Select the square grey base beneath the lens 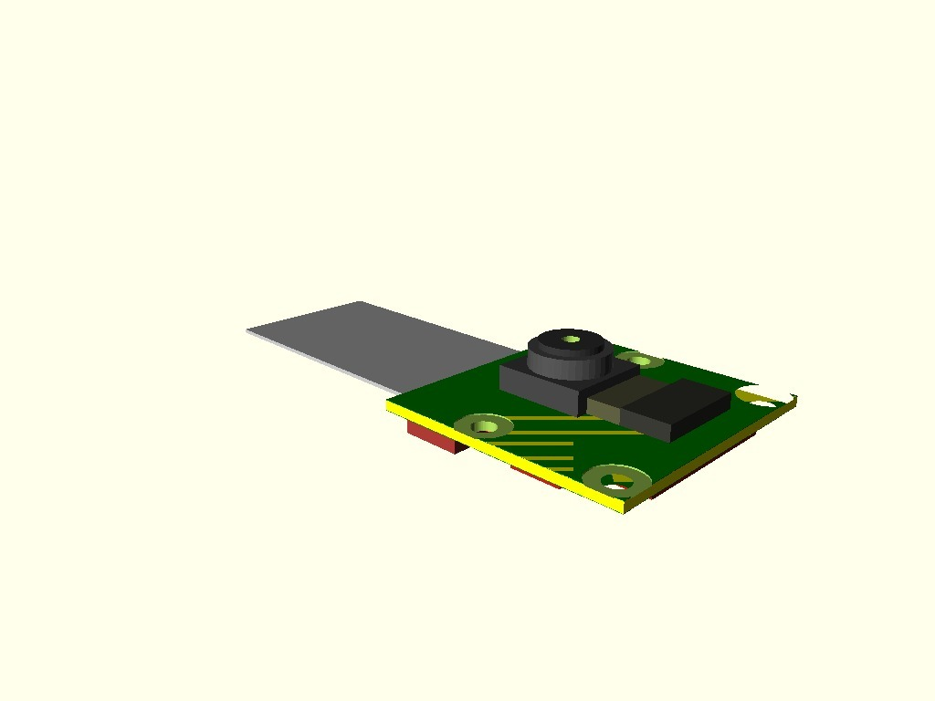pos(539,387)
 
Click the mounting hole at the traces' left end pos(484,425)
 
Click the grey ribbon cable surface pos(365,338)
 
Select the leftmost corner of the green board pos(388,403)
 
